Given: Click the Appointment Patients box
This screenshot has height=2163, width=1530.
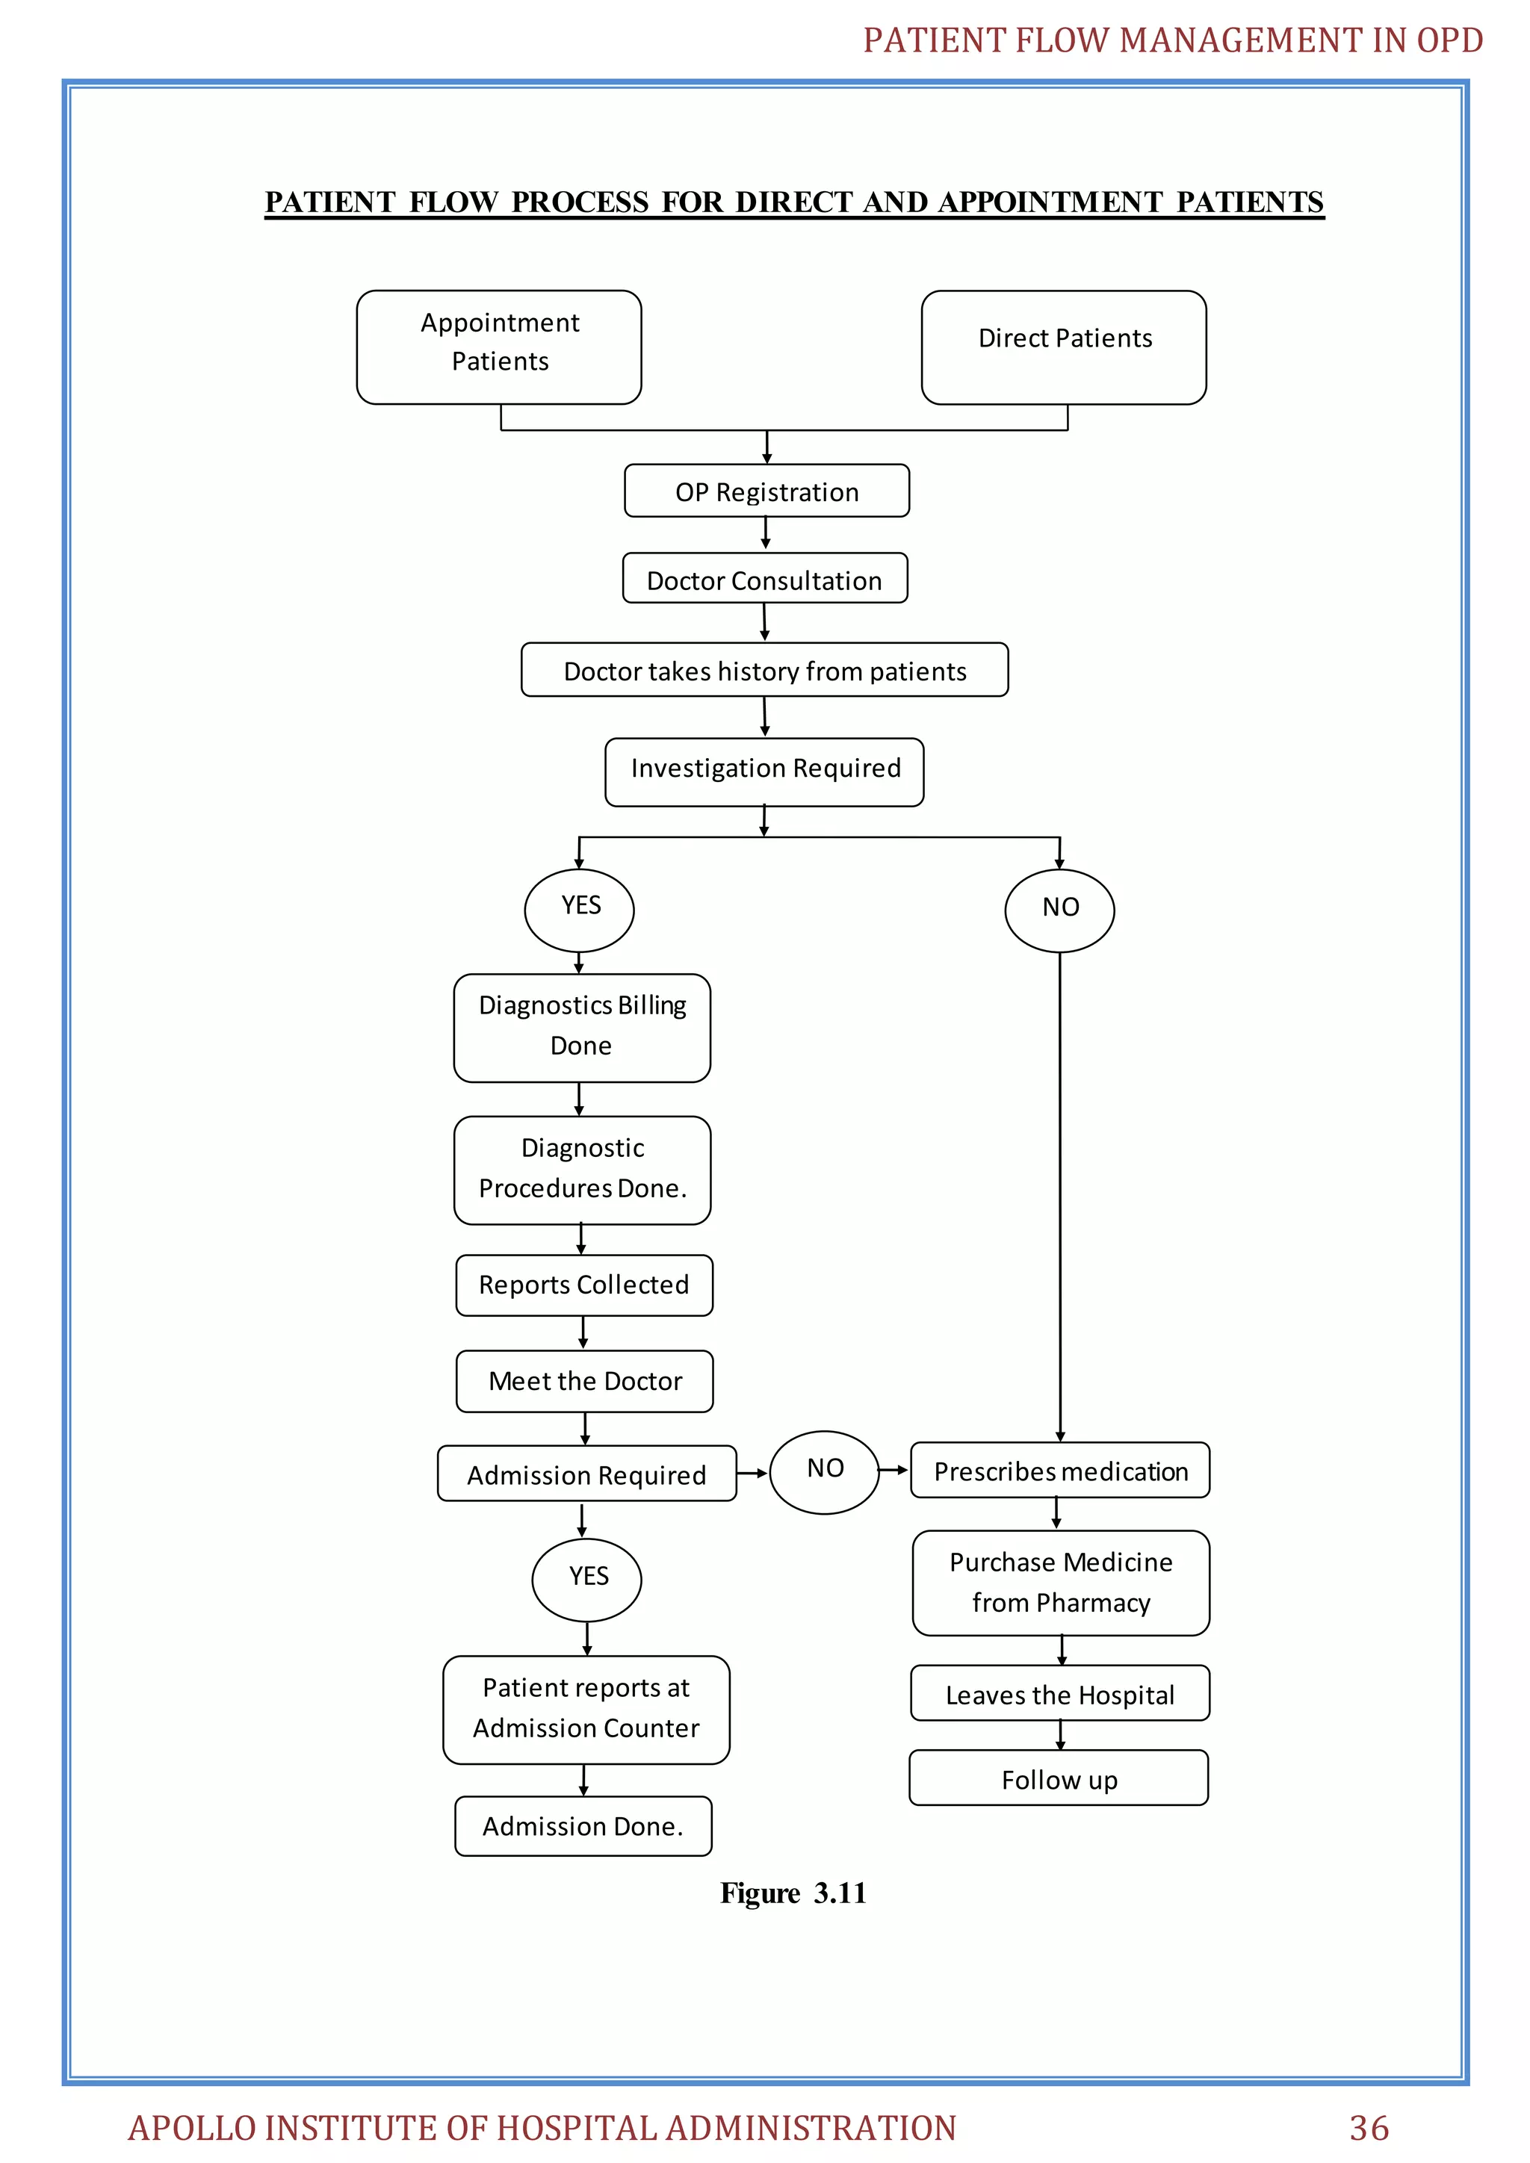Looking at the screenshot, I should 498,347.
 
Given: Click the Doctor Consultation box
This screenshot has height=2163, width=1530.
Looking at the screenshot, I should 764,578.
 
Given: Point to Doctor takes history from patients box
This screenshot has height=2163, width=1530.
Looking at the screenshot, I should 764,670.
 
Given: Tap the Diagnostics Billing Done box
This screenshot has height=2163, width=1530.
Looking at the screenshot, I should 581,1027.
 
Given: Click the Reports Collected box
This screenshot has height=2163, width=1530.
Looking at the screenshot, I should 583,1284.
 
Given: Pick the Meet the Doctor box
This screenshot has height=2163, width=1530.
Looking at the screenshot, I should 584,1380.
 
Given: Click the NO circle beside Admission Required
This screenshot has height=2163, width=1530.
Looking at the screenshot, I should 824,1471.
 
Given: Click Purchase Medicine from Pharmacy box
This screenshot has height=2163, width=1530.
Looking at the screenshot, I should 1060,1582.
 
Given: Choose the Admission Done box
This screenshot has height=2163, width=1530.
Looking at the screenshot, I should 582,1825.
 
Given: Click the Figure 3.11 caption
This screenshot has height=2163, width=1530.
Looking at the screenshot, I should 793,1893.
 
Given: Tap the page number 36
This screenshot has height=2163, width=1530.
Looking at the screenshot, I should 1368,2127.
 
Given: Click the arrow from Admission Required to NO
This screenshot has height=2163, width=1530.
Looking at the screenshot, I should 752,1472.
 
